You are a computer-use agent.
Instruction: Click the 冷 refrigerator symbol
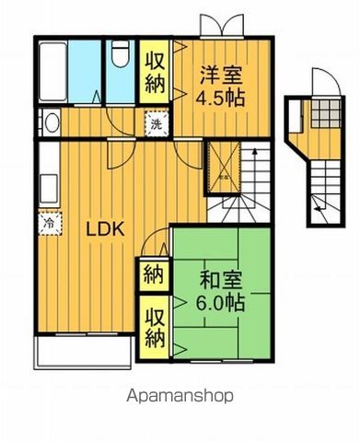[x=45, y=222]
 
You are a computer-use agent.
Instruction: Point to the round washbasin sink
[x=52, y=123]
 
